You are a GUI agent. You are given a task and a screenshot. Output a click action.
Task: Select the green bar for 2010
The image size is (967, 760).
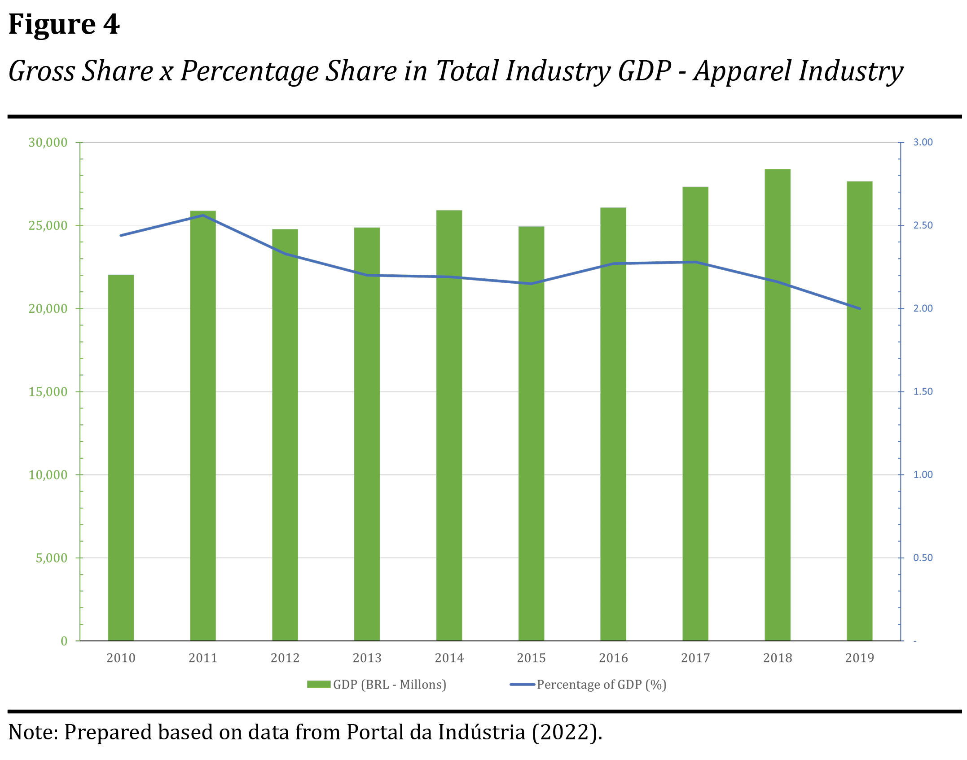121,458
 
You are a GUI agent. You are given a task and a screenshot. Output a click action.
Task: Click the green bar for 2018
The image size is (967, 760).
778,404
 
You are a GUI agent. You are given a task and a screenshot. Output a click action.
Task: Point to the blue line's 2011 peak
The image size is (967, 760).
203,215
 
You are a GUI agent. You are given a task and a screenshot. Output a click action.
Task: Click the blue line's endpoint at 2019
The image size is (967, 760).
859,308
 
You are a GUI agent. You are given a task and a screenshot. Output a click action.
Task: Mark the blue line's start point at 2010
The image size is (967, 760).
121,235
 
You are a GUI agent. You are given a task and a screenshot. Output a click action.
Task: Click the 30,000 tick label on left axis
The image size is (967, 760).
48,143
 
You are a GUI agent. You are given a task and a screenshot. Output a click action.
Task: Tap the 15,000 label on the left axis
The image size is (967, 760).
48,392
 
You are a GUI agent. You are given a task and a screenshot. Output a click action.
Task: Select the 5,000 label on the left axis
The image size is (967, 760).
51,558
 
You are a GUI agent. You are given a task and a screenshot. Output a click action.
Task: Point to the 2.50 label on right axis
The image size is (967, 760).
923,225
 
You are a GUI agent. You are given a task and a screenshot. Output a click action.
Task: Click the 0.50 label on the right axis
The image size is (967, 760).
923,558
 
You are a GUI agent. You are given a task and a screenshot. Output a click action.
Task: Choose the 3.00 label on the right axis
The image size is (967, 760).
923,142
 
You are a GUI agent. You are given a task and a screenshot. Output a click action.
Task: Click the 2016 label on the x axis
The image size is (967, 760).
613,658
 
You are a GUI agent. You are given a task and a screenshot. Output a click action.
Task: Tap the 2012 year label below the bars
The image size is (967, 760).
285,658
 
